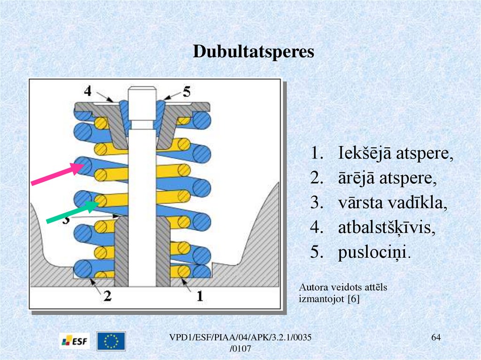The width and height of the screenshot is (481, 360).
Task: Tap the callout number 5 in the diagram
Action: [x=186, y=91]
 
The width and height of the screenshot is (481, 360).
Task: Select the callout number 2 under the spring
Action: [x=107, y=296]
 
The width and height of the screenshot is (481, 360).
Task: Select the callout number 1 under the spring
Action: [x=199, y=296]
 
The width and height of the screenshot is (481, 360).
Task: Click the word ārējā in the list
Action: [x=357, y=178]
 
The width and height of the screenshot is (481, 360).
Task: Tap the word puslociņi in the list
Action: [x=374, y=253]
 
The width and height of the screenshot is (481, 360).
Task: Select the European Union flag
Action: [x=111, y=341]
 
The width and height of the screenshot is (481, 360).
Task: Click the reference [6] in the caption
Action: [x=353, y=299]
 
